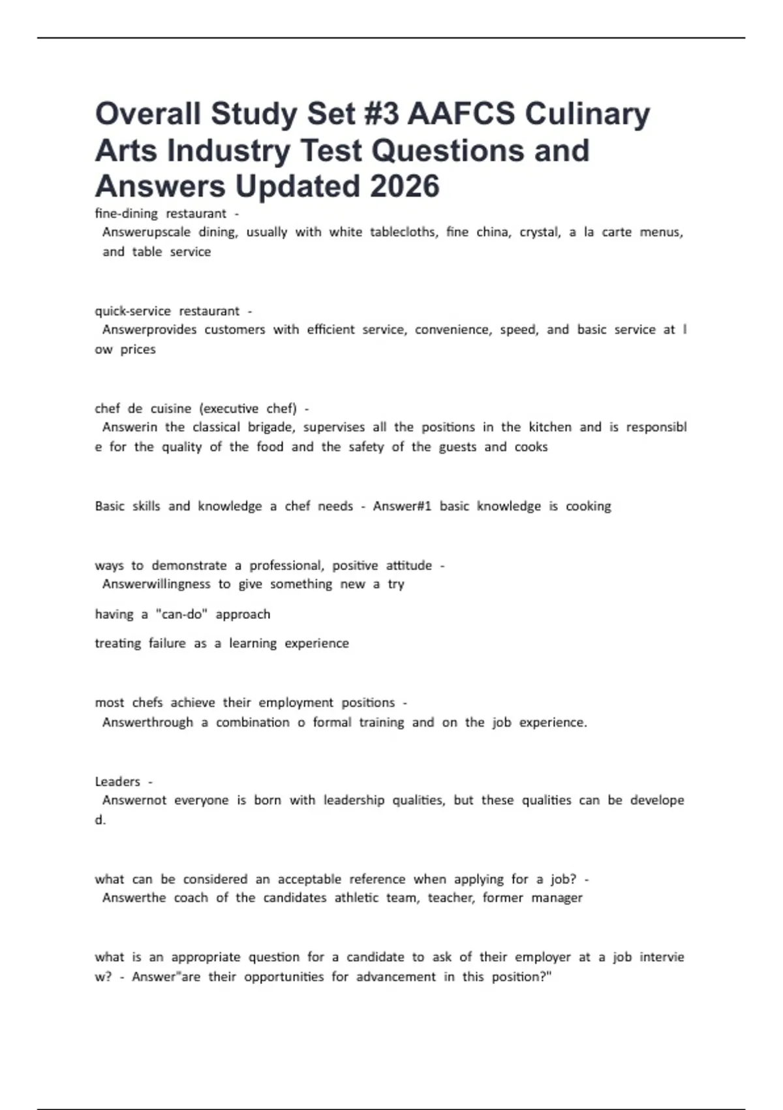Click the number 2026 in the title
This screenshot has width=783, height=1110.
point(405,186)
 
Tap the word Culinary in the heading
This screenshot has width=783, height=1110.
point(587,114)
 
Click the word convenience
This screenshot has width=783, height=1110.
point(453,330)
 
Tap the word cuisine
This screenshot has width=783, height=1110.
point(171,409)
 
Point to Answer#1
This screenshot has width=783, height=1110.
point(402,506)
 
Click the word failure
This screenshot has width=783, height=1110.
point(167,643)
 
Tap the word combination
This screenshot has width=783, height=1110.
point(253,722)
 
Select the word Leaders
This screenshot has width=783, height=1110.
point(117,782)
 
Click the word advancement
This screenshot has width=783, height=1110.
point(396,977)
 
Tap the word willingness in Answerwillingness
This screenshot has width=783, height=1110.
point(174,584)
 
